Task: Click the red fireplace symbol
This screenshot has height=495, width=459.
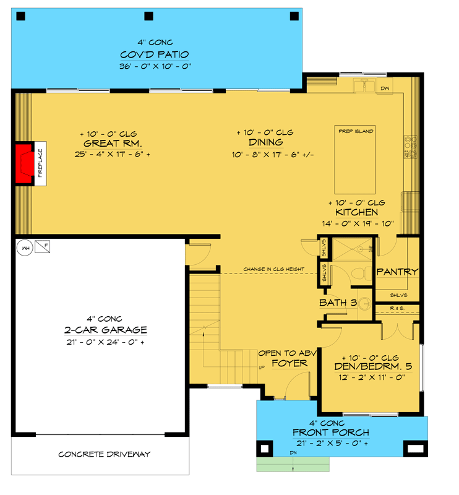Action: coord(24,164)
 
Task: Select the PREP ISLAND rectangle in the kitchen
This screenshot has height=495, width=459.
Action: coord(355,161)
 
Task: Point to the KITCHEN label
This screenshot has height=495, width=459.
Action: coord(357,213)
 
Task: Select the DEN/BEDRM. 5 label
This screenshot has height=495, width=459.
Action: coord(372,366)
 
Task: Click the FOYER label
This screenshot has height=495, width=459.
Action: coord(289,363)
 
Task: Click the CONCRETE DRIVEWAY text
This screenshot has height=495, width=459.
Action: coord(105,454)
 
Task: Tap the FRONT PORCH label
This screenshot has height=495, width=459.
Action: coord(330,433)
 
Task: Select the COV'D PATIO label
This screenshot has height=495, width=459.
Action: coord(155,54)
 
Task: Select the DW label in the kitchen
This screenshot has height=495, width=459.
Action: coord(384,88)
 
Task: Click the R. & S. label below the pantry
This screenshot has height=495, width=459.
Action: coord(397,308)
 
